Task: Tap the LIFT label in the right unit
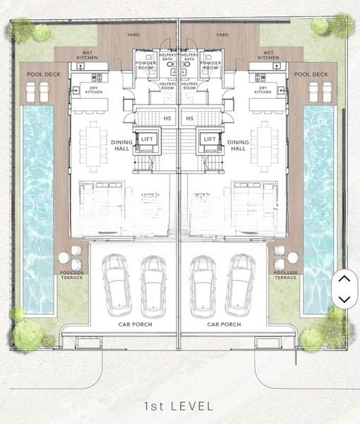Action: click(209, 139)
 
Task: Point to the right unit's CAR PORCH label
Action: click(224, 324)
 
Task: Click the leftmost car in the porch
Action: click(116, 285)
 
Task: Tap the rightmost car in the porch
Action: click(240, 285)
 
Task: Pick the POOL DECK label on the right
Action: click(311, 74)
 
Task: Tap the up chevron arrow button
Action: click(344, 279)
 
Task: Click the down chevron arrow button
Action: click(344, 299)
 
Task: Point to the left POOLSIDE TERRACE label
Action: click(71, 275)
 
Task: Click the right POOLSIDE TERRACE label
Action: click(285, 275)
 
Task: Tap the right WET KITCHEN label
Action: click(268, 55)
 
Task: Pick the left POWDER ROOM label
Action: click(145, 66)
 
